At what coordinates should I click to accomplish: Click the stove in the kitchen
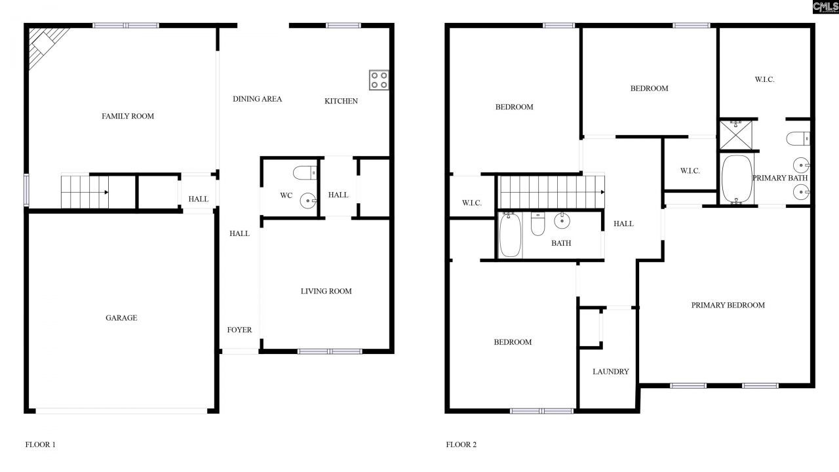pos(379,80)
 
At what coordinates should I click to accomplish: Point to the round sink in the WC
pos(307,200)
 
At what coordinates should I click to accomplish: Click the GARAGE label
pos(121,318)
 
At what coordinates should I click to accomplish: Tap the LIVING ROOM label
pos(326,291)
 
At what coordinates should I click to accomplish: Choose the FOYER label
pos(239,330)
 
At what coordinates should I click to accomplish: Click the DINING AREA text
pos(257,99)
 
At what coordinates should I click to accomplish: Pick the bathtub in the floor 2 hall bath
pos(510,235)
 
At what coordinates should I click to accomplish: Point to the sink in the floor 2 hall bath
pos(562,222)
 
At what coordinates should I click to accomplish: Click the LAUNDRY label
pos(610,372)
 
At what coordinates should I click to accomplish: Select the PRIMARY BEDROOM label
pos(728,305)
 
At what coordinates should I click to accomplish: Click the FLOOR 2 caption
pos(461,444)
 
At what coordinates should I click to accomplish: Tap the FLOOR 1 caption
pos(41,444)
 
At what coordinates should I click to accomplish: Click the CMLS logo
pos(825,7)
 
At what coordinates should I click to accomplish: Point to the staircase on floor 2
pos(551,191)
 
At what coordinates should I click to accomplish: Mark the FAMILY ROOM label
pos(128,116)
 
